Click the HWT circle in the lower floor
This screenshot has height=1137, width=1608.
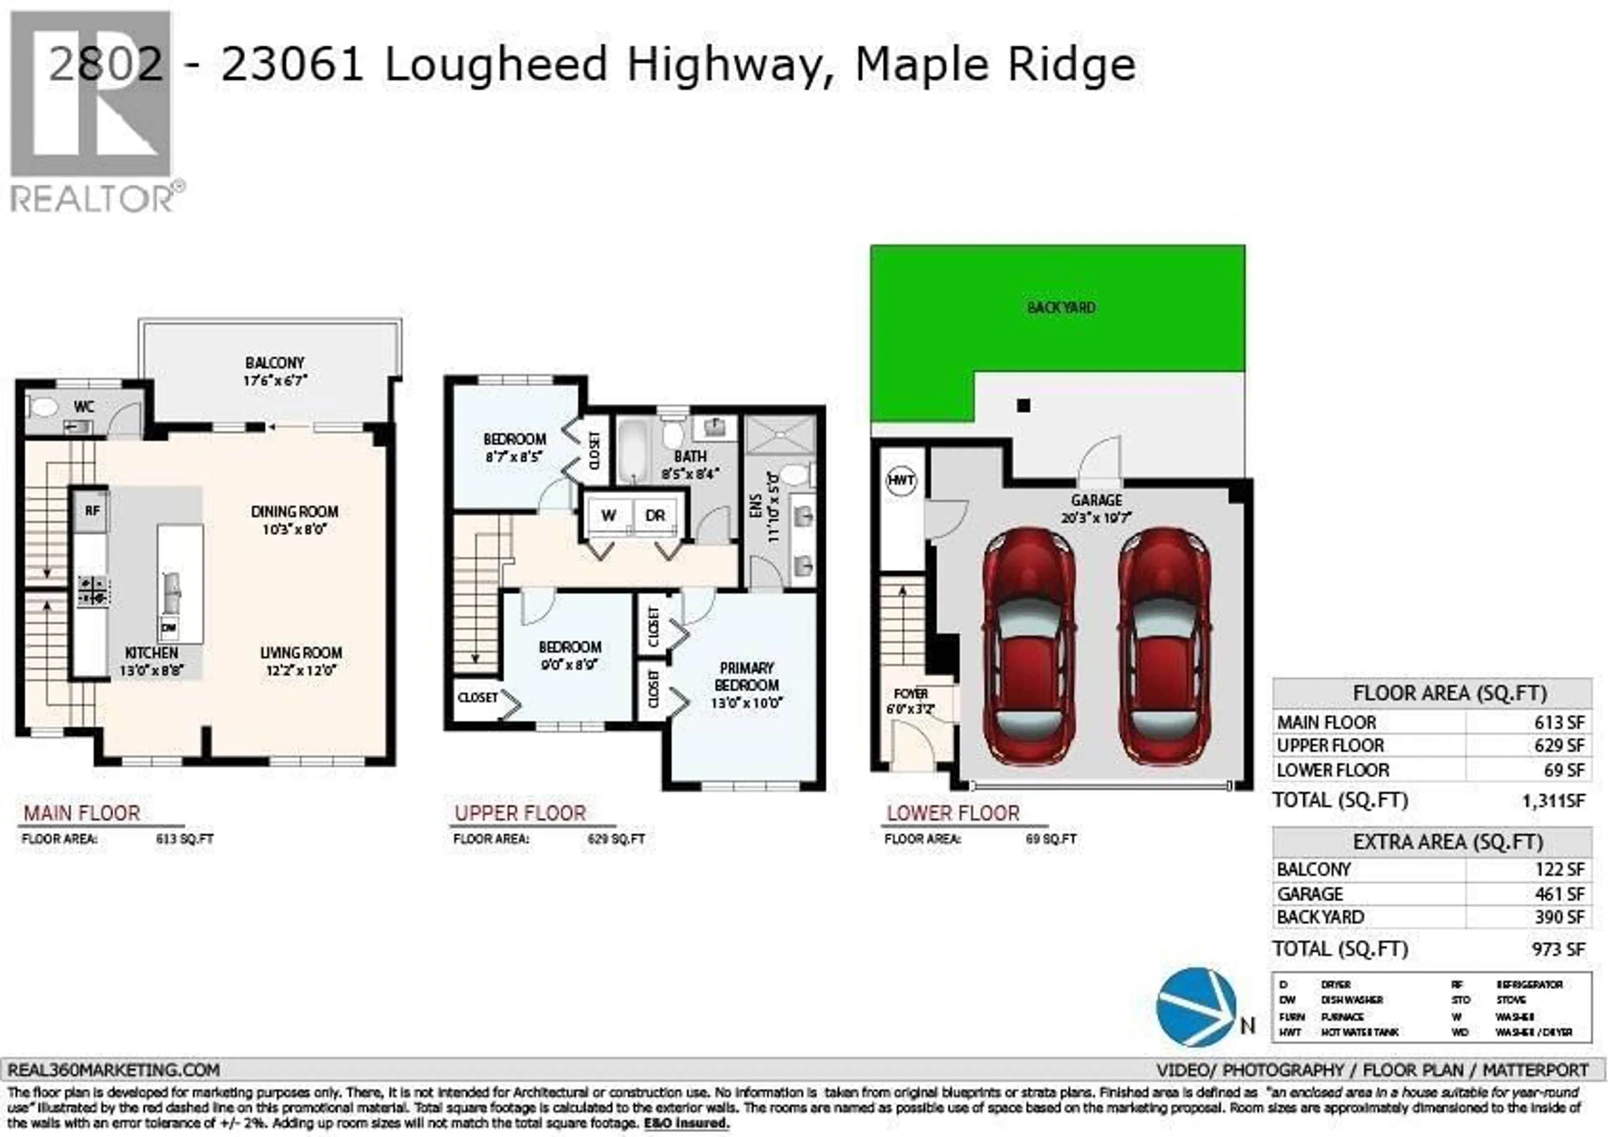coord(901,481)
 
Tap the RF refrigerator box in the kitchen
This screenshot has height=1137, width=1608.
coord(92,510)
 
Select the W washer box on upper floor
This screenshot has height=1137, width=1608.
coord(608,516)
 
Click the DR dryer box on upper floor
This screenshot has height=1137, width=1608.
coord(655,516)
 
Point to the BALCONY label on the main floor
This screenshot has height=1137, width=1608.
coord(275,363)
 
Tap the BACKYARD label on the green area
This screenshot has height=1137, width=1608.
coord(1061,307)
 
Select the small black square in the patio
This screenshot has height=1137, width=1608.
coord(1023,405)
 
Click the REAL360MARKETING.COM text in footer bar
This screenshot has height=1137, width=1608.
coord(113,1070)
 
